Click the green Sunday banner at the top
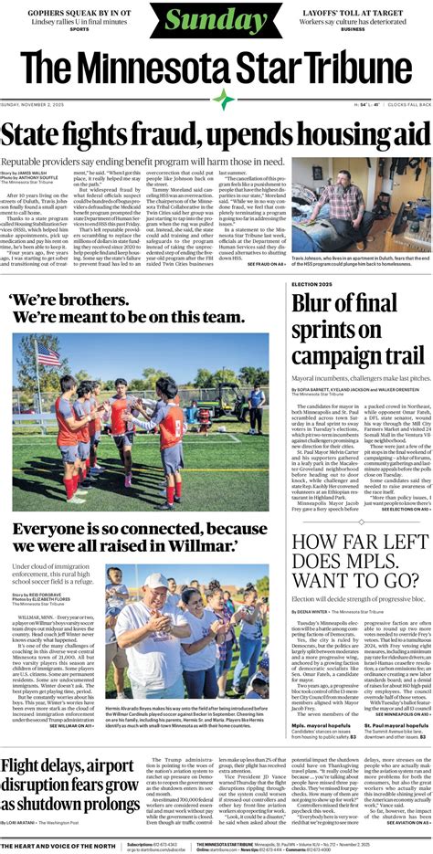point(216,21)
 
